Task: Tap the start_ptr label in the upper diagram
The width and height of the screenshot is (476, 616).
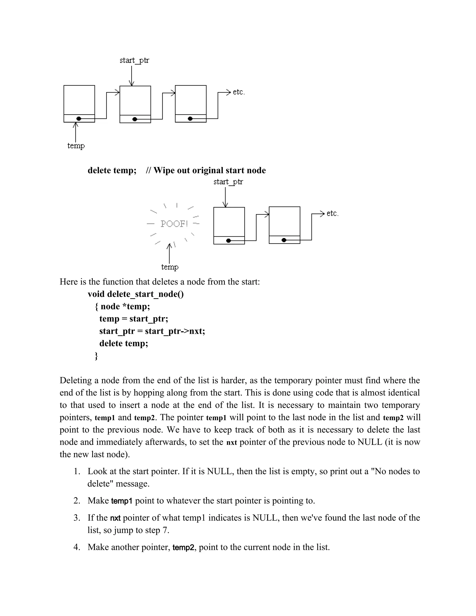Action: point(134,60)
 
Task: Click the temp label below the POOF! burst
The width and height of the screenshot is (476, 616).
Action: point(170,267)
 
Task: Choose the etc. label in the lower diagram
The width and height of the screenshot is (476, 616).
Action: point(332,214)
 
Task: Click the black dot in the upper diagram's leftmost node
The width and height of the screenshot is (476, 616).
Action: point(79,119)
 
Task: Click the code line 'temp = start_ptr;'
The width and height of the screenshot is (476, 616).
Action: point(134,319)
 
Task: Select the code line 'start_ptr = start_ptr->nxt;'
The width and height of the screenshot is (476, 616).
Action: point(152,331)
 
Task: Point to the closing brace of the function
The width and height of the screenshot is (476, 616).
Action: point(96,356)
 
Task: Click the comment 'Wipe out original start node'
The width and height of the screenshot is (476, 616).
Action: point(209,170)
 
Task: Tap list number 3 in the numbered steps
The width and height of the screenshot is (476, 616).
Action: point(77,518)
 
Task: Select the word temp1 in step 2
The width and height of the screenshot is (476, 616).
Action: point(122,501)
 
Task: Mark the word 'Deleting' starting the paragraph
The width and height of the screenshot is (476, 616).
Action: point(76,381)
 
